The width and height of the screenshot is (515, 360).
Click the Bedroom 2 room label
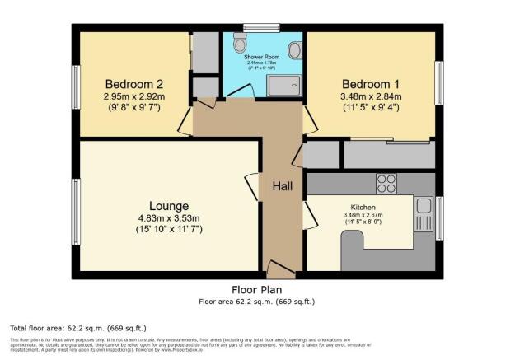click(134, 83)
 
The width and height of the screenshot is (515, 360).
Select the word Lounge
click(169, 205)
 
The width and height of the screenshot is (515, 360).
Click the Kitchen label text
click(363, 207)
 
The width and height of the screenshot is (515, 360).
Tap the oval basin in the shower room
click(294, 50)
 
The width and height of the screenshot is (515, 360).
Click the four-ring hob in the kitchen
click(386, 182)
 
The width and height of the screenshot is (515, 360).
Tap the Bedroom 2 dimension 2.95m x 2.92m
click(134, 96)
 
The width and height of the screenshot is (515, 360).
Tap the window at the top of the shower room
click(261, 28)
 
